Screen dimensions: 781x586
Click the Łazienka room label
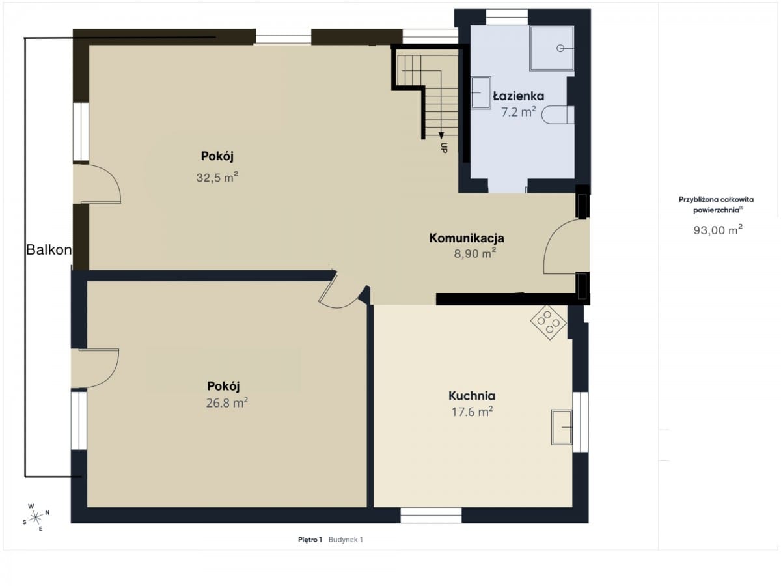point(519,96)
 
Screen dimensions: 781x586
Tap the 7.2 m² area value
point(519,112)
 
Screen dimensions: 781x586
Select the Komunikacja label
point(467,238)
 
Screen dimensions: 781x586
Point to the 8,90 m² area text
point(475,253)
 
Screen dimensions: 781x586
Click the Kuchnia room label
point(472,396)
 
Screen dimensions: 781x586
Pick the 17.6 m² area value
point(472,412)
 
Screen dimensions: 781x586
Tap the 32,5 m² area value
point(217,177)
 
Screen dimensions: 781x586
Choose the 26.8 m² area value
point(227,403)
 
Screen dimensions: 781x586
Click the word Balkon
point(49,250)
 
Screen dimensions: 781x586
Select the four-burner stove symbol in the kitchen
point(548,322)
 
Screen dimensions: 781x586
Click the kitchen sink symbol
point(562,427)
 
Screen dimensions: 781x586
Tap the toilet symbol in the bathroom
point(558,115)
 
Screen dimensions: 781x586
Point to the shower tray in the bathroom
point(551,48)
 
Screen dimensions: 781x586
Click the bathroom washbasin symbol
point(481,92)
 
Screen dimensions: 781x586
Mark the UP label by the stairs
point(444,147)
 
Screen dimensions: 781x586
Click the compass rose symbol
point(36,518)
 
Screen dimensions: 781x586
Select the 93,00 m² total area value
point(718,230)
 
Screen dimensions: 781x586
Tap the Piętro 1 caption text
point(310,540)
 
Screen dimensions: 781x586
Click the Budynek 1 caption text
point(346,540)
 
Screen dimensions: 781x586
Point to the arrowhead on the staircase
point(441,135)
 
